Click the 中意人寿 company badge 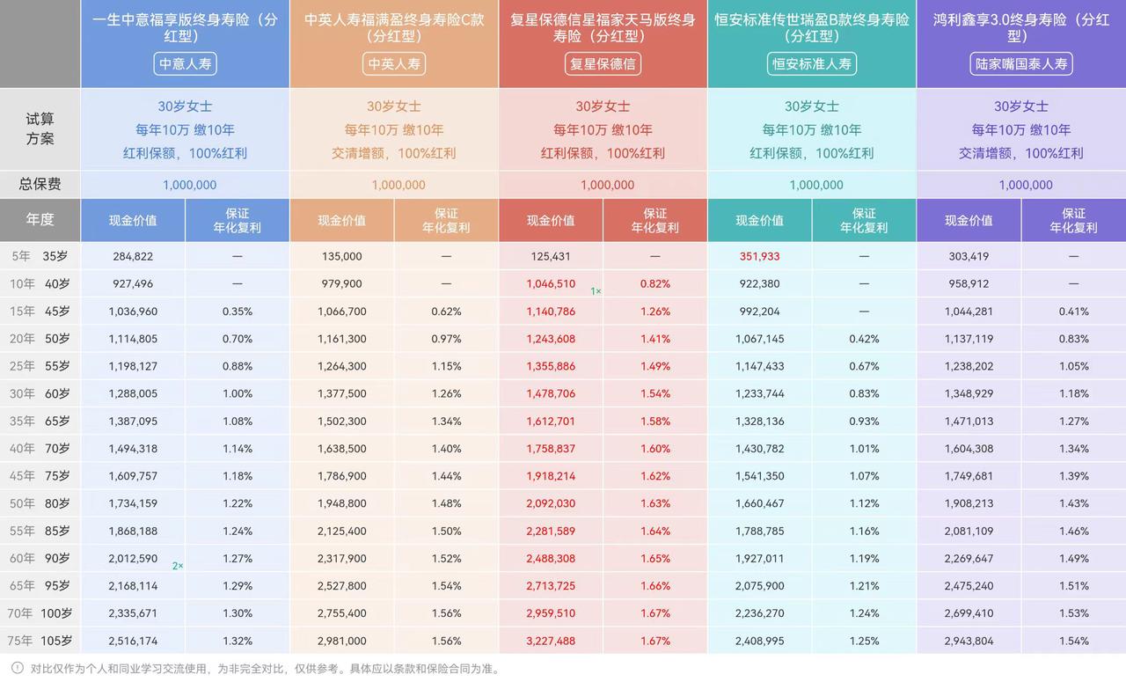[185, 63]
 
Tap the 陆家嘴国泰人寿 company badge [1021, 63]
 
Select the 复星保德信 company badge [603, 63]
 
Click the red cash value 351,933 [760, 256]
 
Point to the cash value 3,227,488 [551, 641]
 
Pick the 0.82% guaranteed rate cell [655, 283]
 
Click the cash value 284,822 [133, 256]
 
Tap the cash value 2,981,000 [342, 641]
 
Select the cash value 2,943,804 [969, 641]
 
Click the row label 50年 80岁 [40, 503]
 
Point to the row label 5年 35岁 [40, 256]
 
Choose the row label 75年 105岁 [40, 641]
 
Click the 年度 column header [40, 220]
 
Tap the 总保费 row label [40, 185]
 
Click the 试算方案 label [40, 128]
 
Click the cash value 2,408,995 [760, 641]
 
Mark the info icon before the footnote [18, 668]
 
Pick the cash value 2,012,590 [133, 558]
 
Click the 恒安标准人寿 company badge [812, 63]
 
